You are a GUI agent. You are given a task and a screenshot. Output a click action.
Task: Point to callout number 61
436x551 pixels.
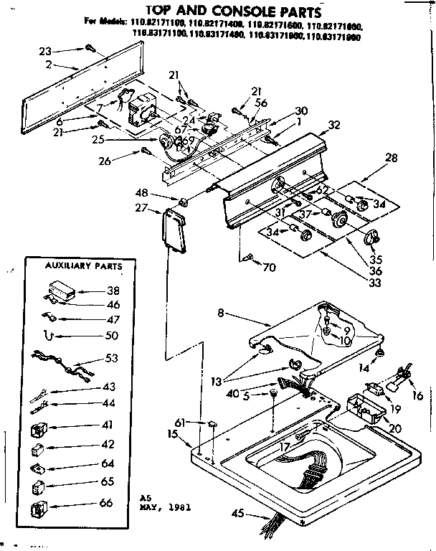click(x=179, y=423)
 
